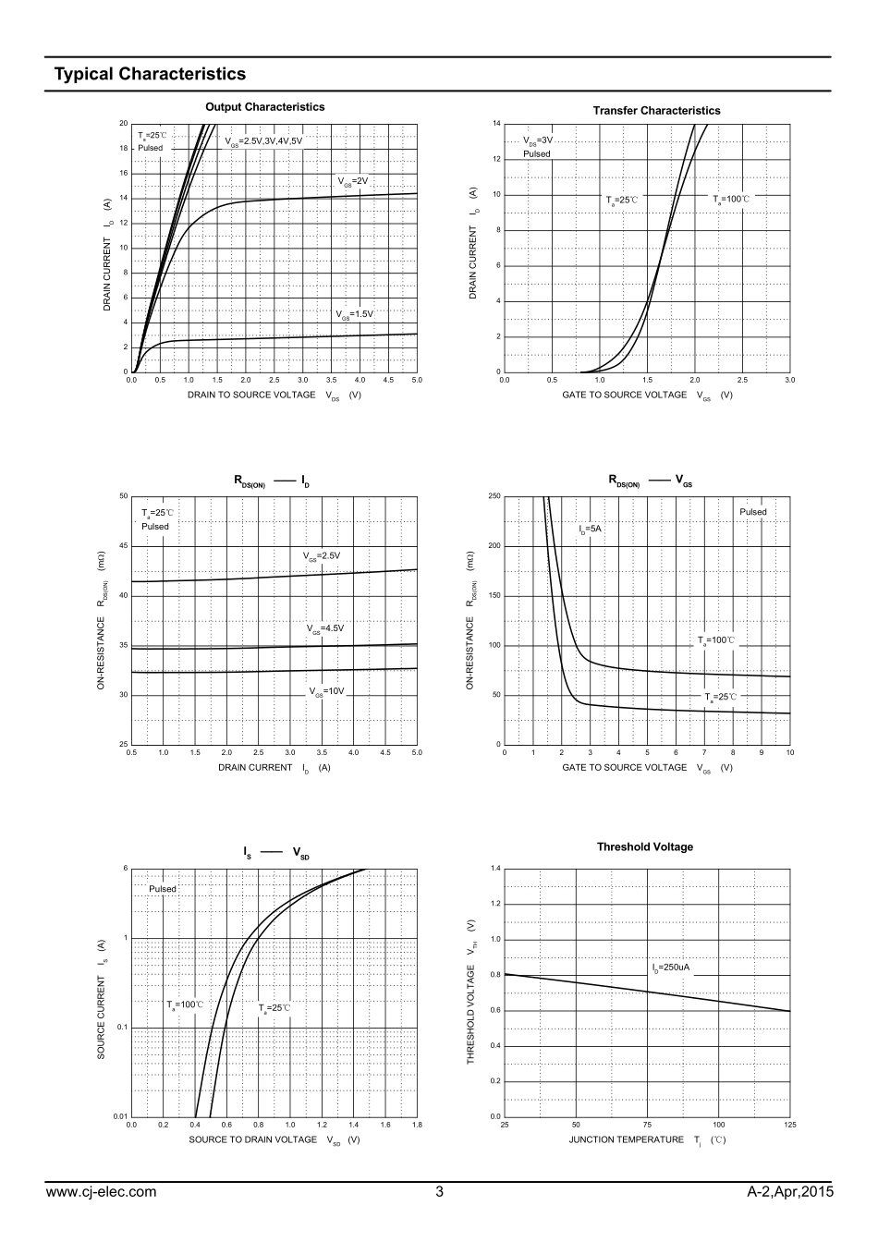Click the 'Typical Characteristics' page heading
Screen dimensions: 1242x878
[150, 74]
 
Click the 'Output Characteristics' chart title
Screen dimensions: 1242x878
[264, 107]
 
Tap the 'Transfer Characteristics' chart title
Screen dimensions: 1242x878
[656, 111]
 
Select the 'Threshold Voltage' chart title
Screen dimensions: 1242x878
[644, 846]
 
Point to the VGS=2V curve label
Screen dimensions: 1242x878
[353, 181]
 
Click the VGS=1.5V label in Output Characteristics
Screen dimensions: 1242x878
[354, 314]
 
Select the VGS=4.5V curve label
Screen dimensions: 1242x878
[325, 628]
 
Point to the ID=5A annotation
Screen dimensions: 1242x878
[590, 530]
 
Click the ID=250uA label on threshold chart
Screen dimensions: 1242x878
[671, 968]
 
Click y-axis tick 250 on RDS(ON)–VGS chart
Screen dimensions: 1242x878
[494, 497]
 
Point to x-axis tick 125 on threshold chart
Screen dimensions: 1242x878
[789, 1125]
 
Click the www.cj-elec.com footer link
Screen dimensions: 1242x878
[101, 1192]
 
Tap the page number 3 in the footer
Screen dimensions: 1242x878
[439, 1192]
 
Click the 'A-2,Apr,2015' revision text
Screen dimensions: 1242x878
[790, 1192]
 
